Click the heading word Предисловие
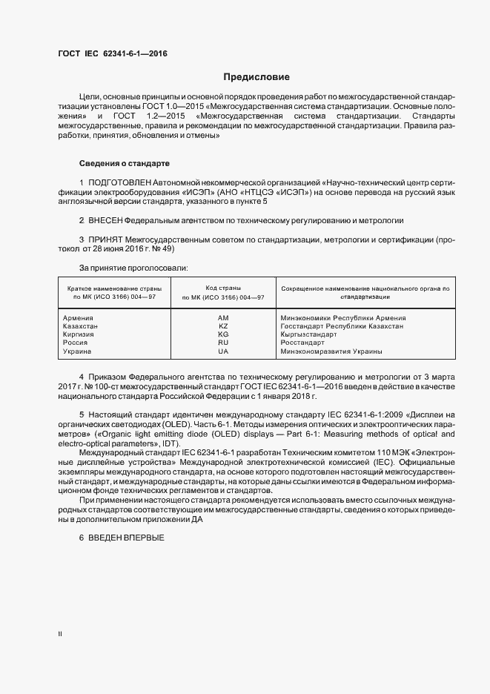tap(256, 77)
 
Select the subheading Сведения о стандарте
tap(125, 162)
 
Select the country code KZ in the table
tap(223, 325)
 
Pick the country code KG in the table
tap(223, 334)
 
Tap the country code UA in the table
tap(223, 351)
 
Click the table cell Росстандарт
tap(302, 343)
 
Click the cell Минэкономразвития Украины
tap(331, 351)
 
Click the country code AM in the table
tap(223, 317)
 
